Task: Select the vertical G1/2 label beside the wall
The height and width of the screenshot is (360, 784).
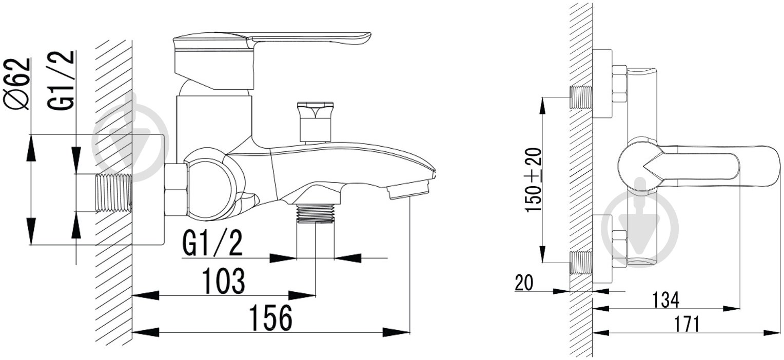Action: pos(61,80)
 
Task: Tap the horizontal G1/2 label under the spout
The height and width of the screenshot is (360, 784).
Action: pos(212,244)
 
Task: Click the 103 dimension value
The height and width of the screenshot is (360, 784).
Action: pos(224,281)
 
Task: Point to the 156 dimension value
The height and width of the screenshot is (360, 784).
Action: pos(270,317)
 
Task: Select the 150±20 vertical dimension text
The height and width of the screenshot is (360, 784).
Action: pos(534,180)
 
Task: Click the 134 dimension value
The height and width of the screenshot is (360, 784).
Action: pos(665,300)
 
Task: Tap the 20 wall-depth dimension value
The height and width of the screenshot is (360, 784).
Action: pos(524,283)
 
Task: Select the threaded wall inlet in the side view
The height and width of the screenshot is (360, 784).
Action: pos(113,193)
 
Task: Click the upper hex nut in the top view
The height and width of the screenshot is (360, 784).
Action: pos(619,84)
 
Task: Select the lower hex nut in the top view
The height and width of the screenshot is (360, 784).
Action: pos(619,249)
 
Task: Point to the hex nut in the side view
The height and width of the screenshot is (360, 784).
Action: pos(176,189)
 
